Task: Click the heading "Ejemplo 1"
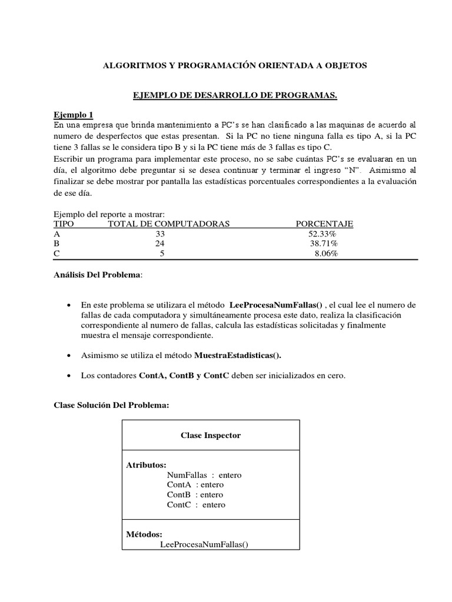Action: tap(74, 115)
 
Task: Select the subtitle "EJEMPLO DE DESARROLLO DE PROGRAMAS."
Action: tap(234, 95)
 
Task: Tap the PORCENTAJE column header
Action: tap(324, 224)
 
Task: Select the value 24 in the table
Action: tap(160, 243)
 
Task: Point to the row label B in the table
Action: tap(56, 243)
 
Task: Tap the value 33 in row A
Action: tap(160, 233)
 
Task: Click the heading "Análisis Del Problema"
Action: tap(98, 275)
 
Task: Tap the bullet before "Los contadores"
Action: tap(69, 376)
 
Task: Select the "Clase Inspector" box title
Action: tap(210, 436)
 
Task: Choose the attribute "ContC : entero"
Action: tap(196, 504)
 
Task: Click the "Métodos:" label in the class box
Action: tap(144, 534)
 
